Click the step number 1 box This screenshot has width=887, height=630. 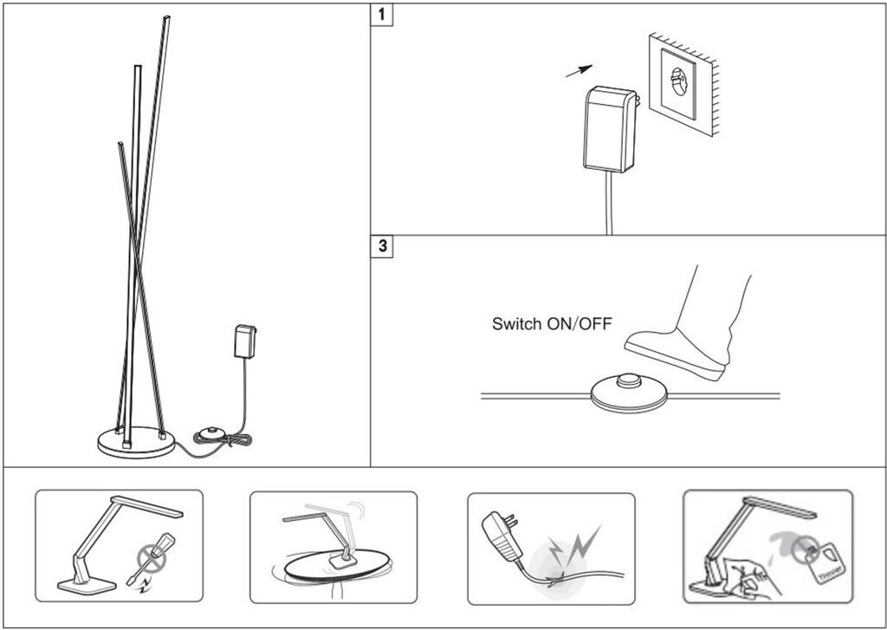[382, 16]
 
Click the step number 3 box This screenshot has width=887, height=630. [382, 246]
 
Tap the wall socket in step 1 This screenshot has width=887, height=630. [679, 84]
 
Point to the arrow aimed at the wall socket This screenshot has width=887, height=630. [579, 70]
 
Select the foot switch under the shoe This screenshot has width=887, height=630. [630, 394]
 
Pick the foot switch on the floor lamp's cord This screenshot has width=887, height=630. [211, 432]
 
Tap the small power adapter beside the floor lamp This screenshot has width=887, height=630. [245, 341]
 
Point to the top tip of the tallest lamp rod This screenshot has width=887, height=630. [165, 18]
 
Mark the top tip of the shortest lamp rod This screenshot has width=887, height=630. [120, 145]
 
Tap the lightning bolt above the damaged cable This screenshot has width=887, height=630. [579, 542]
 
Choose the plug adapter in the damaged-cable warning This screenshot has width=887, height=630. [499, 529]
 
